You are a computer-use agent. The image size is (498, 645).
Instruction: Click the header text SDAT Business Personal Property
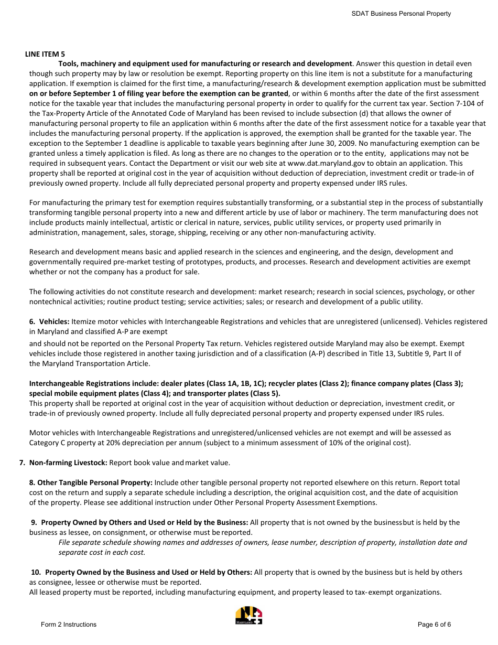coord(401,14)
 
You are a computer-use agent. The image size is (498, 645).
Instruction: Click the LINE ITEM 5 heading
coord(45,54)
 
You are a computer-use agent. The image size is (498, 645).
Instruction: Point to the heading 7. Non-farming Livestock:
coord(63,463)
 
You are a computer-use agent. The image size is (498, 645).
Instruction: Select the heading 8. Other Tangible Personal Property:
coord(91,482)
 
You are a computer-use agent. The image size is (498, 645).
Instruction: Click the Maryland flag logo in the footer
coord(248,616)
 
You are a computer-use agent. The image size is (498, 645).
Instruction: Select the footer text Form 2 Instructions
coord(69,625)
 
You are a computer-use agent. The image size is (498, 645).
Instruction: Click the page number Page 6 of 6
coord(434,625)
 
